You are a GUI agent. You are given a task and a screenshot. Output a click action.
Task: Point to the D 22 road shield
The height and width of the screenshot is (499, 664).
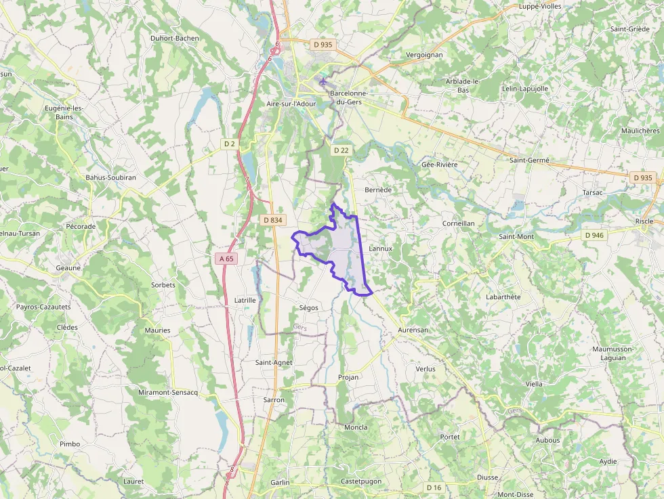(341, 150)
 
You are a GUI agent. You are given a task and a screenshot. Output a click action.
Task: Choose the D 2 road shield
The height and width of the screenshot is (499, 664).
(230, 144)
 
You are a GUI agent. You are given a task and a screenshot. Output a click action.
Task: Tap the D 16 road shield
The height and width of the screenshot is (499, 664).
(434, 487)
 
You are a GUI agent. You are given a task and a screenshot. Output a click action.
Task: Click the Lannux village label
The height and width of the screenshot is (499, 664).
(381, 248)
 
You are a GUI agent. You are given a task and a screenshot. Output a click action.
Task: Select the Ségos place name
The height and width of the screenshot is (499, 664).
(308, 307)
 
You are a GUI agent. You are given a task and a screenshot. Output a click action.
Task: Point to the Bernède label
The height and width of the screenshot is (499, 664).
(379, 190)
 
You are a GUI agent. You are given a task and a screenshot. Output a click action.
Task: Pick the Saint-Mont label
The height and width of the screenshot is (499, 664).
(516, 236)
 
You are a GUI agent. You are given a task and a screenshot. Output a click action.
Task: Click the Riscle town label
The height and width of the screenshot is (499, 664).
(644, 221)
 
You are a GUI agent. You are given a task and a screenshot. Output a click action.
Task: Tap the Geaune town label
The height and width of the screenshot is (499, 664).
(68, 267)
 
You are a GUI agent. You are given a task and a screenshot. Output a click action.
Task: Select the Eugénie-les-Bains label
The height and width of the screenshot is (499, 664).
(64, 112)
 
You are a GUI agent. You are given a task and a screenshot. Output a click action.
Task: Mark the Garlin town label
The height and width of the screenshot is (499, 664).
(279, 482)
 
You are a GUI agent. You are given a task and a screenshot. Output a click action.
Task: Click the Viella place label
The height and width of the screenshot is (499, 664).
(534, 384)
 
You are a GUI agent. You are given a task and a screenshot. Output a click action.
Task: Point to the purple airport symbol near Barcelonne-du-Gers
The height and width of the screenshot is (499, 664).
(323, 81)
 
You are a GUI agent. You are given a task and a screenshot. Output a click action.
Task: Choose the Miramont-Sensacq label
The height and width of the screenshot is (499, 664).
(167, 393)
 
